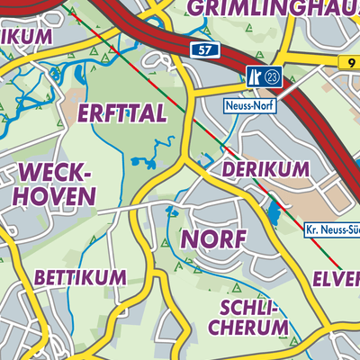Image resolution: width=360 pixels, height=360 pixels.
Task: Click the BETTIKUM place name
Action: coord(81,278)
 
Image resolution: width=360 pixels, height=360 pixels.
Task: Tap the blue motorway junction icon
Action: coord(254,78)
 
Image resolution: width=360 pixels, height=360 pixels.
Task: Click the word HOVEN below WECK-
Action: coord(56,195)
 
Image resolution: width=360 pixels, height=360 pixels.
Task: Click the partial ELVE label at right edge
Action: coord(338,278)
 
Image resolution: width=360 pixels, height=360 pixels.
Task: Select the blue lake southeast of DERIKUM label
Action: coord(273,212)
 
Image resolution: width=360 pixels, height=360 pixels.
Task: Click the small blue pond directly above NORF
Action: coord(170,211)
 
